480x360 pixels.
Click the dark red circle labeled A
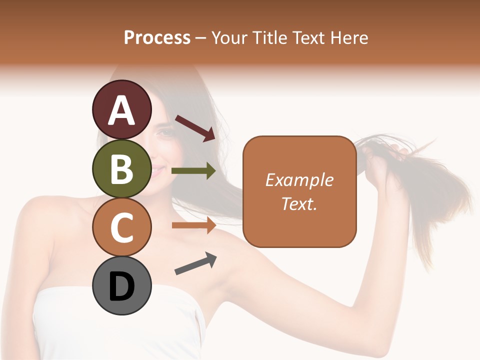coord(121,109)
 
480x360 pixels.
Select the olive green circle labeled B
coord(121,168)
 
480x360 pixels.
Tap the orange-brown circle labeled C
coord(121,227)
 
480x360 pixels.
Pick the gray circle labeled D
coord(121,285)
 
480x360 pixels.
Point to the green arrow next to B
coord(193,171)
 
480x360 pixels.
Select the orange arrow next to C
coord(193,225)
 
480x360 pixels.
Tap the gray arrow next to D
coord(195,263)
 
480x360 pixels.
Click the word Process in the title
coord(157,37)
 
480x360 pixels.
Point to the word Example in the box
coord(299,180)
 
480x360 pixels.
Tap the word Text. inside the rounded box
coord(299,203)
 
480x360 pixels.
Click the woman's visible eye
coord(165,133)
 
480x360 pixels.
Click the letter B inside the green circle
coord(121,168)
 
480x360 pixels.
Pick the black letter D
coord(121,286)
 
